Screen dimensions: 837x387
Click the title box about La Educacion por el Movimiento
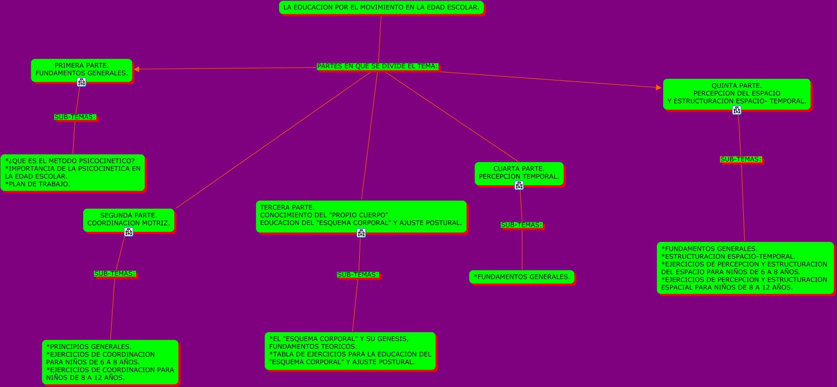(x=381, y=7)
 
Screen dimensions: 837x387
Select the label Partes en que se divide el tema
(x=377, y=66)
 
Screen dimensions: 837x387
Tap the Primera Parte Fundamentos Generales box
(x=81, y=69)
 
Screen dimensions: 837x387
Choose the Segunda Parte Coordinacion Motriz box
(x=128, y=219)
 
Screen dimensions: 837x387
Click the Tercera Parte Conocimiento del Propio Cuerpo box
(x=361, y=215)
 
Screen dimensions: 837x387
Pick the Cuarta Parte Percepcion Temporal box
(x=519, y=173)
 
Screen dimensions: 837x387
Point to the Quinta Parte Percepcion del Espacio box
(x=736, y=93)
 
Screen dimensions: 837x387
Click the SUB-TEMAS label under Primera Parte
(x=75, y=117)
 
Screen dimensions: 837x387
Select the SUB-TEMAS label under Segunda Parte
(x=114, y=274)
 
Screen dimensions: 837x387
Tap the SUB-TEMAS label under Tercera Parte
(x=358, y=275)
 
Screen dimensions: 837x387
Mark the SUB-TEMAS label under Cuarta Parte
(x=521, y=225)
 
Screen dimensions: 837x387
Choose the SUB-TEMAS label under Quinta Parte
(x=741, y=159)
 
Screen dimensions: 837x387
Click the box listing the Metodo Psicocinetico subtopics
(x=73, y=173)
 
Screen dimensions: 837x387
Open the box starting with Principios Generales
(x=110, y=362)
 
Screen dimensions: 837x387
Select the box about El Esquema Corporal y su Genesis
(x=350, y=350)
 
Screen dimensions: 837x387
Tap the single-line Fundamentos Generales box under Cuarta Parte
(x=521, y=277)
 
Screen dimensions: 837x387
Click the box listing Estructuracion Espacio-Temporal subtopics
(x=745, y=268)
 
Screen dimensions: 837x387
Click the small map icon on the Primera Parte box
(x=81, y=82)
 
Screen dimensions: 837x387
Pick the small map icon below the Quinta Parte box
(x=736, y=110)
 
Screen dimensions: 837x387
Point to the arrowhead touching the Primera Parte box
(x=137, y=69)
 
